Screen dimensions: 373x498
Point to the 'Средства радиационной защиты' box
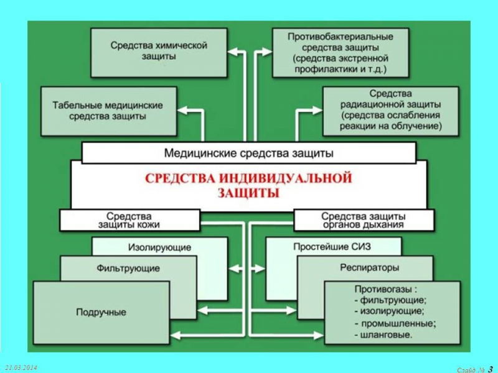(391, 110)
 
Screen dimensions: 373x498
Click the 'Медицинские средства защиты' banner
(248, 152)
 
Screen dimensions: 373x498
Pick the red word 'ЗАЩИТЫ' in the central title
(248, 193)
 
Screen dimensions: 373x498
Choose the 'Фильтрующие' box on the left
(128, 268)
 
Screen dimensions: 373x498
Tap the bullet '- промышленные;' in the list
(394, 323)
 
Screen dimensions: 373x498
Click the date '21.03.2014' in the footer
(21, 368)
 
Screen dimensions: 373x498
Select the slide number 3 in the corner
(491, 369)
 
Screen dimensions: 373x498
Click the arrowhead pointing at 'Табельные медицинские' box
(182, 111)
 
